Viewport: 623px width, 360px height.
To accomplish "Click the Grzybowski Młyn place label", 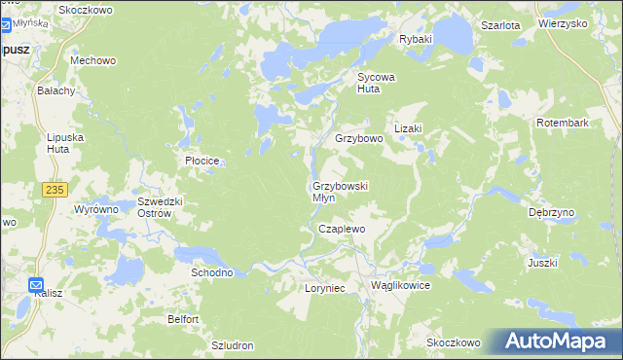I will coord(340,192).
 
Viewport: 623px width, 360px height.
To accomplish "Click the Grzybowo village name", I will coord(359,139).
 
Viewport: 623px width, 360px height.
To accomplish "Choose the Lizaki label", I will coord(407,128).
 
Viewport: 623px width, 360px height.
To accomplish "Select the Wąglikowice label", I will coord(400,286).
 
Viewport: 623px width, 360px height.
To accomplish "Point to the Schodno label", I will coord(211,272).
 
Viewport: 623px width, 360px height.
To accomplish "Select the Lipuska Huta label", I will coord(65,143).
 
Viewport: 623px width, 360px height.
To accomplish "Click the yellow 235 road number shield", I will coord(54,191).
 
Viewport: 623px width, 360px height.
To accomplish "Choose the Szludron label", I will coord(233,345).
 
